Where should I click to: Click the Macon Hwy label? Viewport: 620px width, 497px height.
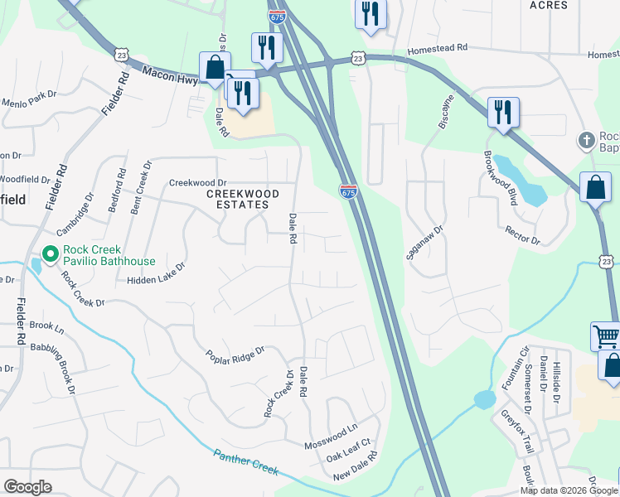click(x=167, y=75)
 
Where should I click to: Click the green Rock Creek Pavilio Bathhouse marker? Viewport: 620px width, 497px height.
click(x=48, y=255)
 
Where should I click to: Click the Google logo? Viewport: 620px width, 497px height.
click(x=27, y=487)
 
